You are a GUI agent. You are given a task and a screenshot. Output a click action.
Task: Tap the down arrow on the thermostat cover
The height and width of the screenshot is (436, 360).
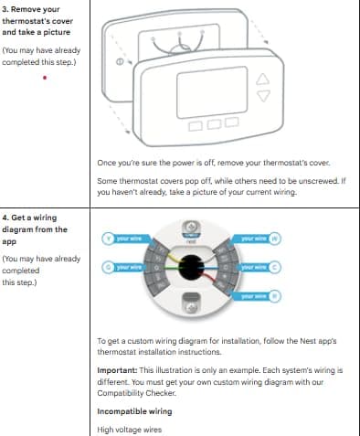pos(267,96)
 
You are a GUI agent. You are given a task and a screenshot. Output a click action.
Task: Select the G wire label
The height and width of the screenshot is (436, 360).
pos(124,267)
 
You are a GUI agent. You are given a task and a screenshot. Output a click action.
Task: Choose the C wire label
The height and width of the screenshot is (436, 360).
pos(258,267)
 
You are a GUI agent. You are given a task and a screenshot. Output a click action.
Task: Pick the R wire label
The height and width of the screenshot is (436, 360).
pos(258,296)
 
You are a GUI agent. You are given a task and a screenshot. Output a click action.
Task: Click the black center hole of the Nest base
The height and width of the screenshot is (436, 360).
pos(191,268)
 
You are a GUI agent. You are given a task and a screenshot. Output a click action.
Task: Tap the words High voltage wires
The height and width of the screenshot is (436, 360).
pos(131,429)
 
